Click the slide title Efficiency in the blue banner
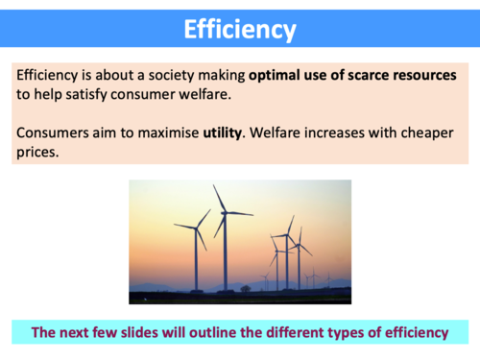coord(240,30)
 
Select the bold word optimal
coord(278,75)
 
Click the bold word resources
coord(417,75)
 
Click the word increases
coord(337,132)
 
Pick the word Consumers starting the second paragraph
coord(55,132)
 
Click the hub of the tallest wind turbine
coord(225,212)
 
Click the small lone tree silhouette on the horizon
coord(246,287)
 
